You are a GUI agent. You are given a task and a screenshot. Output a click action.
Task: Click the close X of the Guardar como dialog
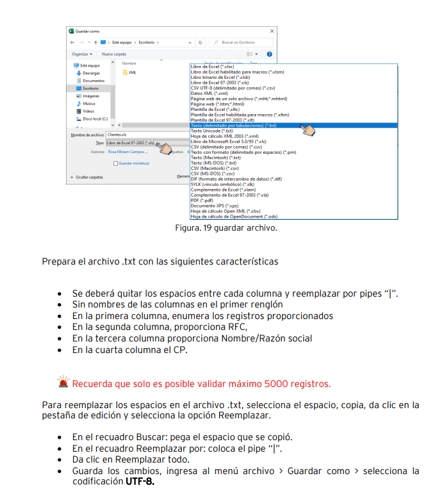(272, 31)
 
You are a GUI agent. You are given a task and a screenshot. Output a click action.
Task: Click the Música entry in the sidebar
(88, 103)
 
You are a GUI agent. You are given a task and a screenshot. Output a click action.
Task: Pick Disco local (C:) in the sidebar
(95, 119)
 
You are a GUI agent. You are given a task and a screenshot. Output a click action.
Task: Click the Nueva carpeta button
(114, 54)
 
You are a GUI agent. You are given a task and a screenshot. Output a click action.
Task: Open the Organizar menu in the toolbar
(82, 54)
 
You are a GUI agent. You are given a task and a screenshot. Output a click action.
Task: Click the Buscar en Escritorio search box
(242, 42)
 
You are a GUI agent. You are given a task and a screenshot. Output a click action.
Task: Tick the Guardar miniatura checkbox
(115, 163)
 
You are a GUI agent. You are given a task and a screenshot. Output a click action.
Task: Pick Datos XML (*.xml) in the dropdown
(209, 94)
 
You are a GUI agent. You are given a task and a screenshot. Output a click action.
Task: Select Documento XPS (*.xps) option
(216, 205)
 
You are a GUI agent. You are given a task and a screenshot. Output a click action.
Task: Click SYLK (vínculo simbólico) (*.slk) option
(222, 184)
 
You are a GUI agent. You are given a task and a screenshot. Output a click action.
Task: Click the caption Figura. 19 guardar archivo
(226, 227)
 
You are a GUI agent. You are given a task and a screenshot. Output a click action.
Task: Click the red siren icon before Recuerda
(63, 383)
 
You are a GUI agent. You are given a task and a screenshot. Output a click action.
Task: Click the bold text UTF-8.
(140, 481)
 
